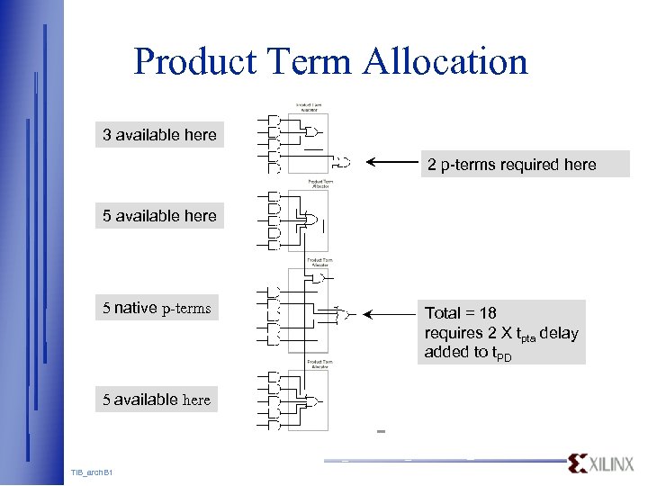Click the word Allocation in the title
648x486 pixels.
pyautogui.click(x=445, y=62)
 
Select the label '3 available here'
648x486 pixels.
pyautogui.click(x=159, y=135)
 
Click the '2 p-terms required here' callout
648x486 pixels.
pyautogui.click(x=511, y=164)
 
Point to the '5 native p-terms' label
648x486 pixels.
pyautogui.click(x=157, y=308)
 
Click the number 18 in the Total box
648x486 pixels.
pyautogui.click(x=487, y=313)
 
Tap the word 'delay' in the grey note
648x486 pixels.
pyautogui.click(x=558, y=333)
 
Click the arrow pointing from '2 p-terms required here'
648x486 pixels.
pyautogui.click(x=392, y=163)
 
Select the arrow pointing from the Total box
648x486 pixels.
pyautogui.click(x=392, y=314)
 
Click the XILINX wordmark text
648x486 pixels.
pyautogui.click(x=612, y=463)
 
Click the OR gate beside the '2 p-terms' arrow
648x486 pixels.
pyautogui.click(x=342, y=163)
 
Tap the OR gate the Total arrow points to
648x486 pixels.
pyautogui.click(x=345, y=314)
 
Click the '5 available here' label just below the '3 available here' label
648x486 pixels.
pyautogui.click(x=159, y=216)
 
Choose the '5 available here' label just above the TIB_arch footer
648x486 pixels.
pyautogui.click(x=157, y=400)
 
